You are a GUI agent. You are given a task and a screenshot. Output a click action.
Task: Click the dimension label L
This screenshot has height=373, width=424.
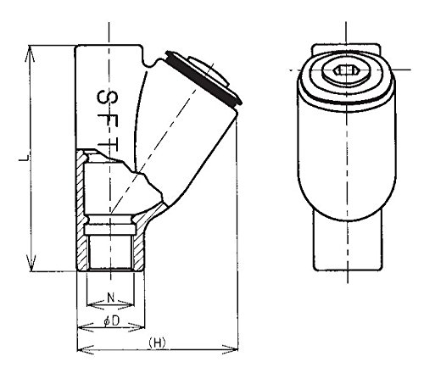[24, 159]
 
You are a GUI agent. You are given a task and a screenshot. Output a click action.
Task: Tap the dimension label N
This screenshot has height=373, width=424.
[111, 297]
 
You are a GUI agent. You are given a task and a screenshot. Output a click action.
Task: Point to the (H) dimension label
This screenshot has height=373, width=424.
[157, 342]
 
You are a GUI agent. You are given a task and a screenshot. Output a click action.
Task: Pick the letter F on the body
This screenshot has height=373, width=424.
[108, 122]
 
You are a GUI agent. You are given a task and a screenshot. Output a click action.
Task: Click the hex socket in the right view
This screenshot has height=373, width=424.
[344, 70]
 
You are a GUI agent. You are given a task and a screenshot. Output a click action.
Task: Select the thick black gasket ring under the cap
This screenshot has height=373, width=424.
[204, 79]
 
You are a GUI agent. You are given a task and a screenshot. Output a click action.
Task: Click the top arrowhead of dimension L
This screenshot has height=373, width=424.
[30, 53]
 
